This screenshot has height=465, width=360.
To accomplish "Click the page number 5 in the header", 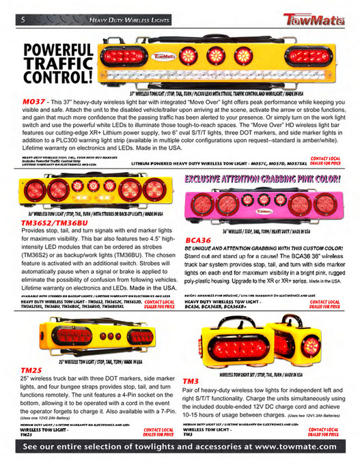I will click(x=23, y=21).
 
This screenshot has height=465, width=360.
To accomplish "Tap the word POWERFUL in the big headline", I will click(x=57, y=52).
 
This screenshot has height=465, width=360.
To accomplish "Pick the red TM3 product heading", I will click(x=191, y=380).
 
